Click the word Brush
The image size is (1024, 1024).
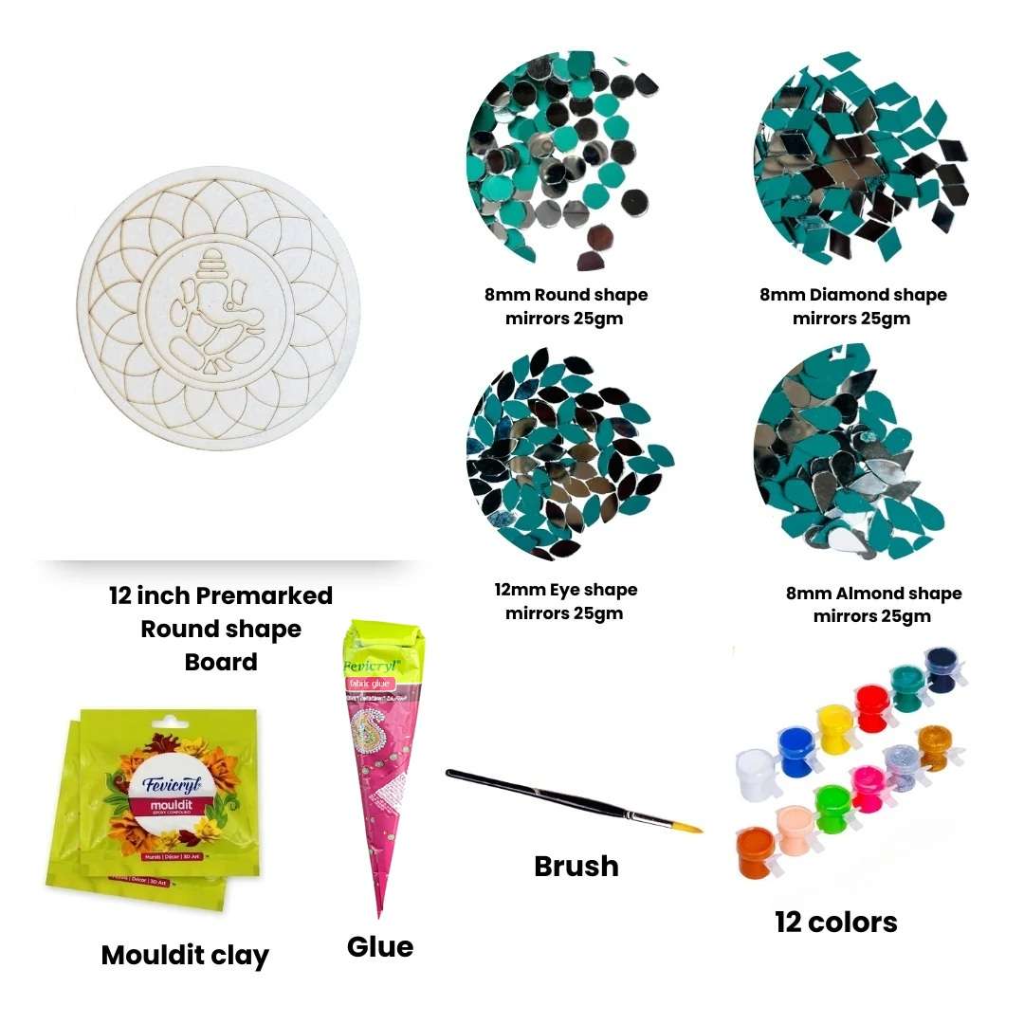pos(576,866)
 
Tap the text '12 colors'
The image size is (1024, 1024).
pos(835,922)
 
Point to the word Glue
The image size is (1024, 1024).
pos(379,946)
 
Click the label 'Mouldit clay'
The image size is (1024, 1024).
pos(185,955)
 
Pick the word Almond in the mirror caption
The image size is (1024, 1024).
pos(869,594)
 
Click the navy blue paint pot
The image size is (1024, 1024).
pos(940,667)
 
